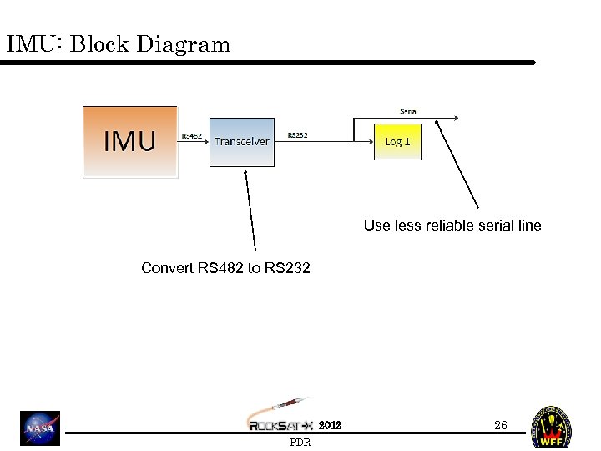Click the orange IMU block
click(x=129, y=141)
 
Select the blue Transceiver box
click(x=241, y=142)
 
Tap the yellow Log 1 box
click(x=397, y=141)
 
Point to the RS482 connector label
click(x=193, y=135)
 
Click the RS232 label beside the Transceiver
click(x=298, y=134)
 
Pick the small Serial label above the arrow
click(x=409, y=110)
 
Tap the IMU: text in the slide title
click(x=35, y=45)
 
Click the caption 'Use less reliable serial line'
click(x=452, y=225)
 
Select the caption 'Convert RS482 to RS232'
click(x=225, y=268)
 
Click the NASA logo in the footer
click(x=41, y=428)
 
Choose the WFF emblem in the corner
click(x=552, y=427)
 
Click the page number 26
click(x=500, y=425)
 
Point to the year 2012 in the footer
click(x=330, y=425)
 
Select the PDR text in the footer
click(x=300, y=443)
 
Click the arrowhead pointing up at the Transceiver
click(x=245, y=174)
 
